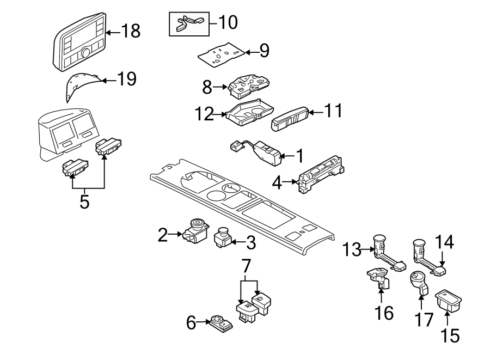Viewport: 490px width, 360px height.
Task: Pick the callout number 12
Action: coord(205,114)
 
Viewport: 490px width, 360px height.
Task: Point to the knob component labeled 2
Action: coord(197,231)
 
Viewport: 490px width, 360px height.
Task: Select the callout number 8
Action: coord(206,87)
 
